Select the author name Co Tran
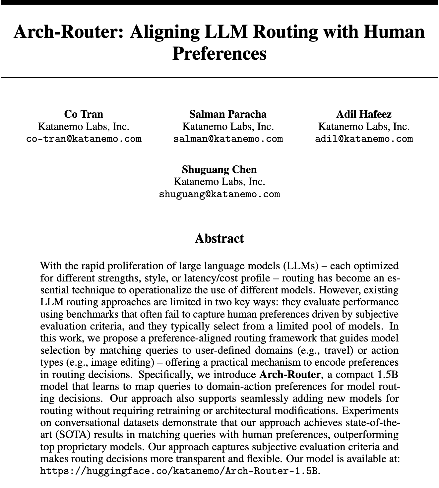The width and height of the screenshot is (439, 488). [84, 114]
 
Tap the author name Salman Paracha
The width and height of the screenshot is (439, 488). [228, 114]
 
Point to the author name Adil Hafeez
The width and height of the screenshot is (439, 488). [364, 114]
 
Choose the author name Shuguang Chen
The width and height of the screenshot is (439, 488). [219, 170]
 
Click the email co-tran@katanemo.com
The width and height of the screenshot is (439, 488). [84, 139]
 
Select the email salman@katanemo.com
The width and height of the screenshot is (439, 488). [228, 139]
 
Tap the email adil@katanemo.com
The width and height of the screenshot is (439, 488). [364, 139]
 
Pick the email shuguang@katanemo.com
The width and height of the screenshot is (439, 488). [219, 194]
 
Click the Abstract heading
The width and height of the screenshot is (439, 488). [219, 239]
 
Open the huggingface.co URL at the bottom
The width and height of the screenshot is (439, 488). [179, 471]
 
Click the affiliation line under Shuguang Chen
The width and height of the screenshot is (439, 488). [219, 182]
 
